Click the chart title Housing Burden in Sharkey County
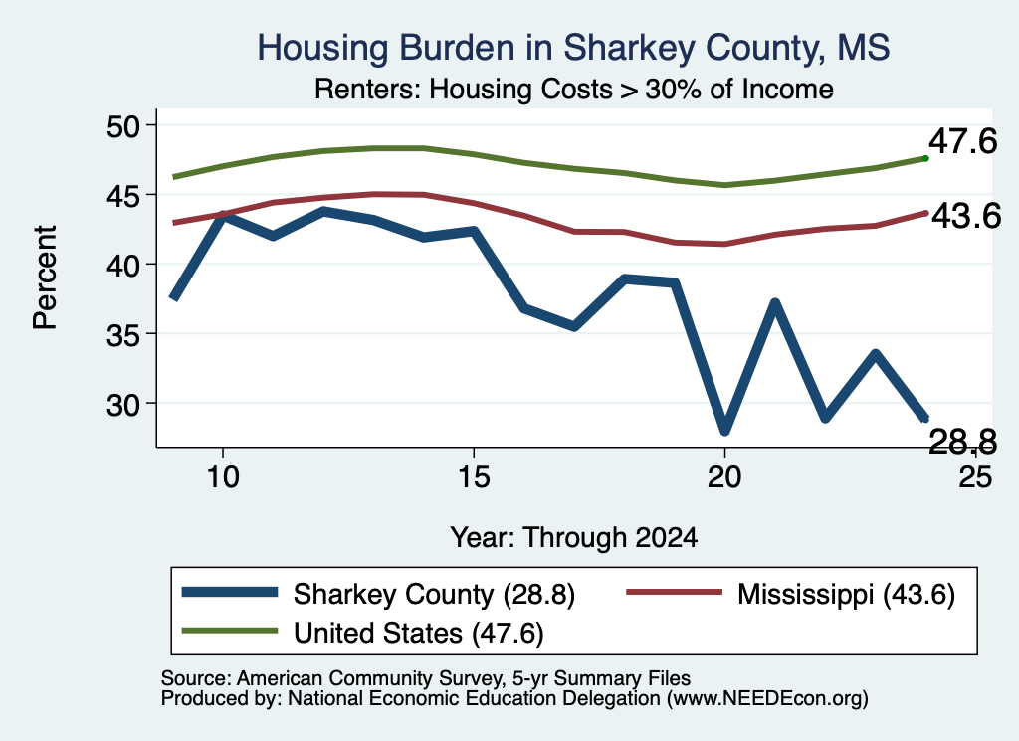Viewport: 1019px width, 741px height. [573, 48]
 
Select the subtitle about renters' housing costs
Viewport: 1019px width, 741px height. [574, 89]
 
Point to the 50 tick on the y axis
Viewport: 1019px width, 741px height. [123, 125]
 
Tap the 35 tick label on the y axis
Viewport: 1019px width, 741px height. [123, 334]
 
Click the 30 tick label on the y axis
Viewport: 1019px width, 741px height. [123, 404]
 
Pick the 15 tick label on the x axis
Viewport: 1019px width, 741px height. [474, 477]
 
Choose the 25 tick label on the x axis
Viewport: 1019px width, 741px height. [975, 477]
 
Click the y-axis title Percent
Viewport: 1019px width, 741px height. [45, 278]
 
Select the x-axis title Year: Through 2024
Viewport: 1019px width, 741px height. [574, 538]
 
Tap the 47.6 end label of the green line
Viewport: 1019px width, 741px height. [962, 141]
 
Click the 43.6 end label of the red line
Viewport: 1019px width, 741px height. [966, 216]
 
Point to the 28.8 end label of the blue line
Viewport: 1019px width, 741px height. [962, 442]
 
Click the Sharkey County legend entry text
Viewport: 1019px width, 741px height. [434, 594]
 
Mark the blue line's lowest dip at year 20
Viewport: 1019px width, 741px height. [724, 430]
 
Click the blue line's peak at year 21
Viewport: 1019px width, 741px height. [774, 303]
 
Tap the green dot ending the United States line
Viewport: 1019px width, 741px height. [925, 158]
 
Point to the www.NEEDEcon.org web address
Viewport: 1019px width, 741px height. [767, 699]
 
